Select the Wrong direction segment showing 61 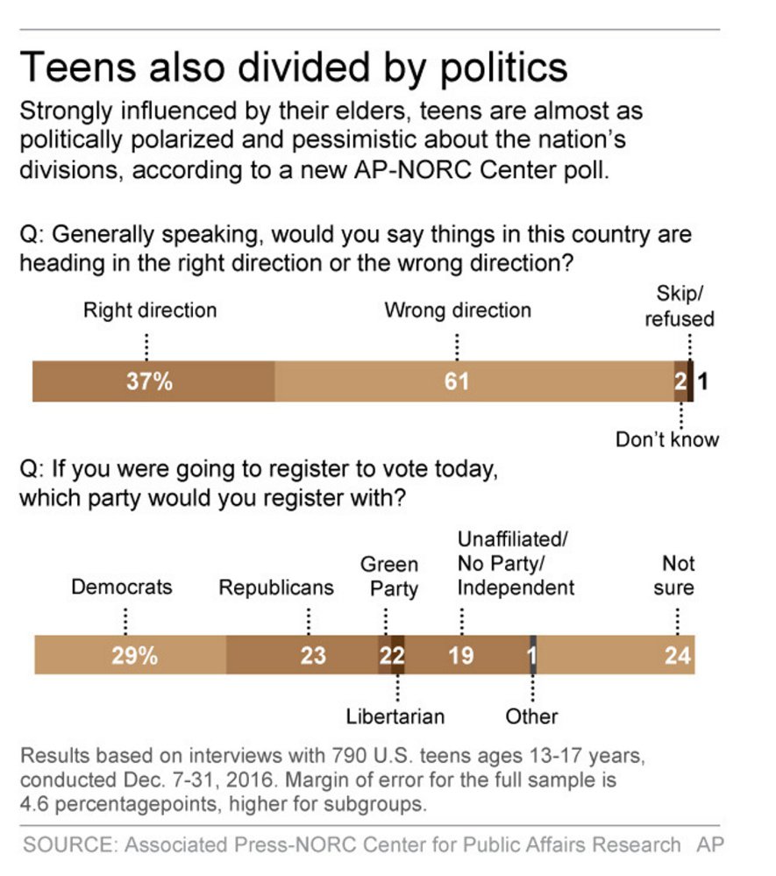click(x=456, y=381)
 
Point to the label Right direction click(x=149, y=310)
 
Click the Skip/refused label click(x=680, y=306)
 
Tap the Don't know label click(x=667, y=439)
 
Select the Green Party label click(x=389, y=576)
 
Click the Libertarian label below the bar click(x=395, y=716)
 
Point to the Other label click(x=531, y=716)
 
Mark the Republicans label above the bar click(x=276, y=588)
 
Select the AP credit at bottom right click(x=709, y=844)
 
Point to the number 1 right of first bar click(x=703, y=381)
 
